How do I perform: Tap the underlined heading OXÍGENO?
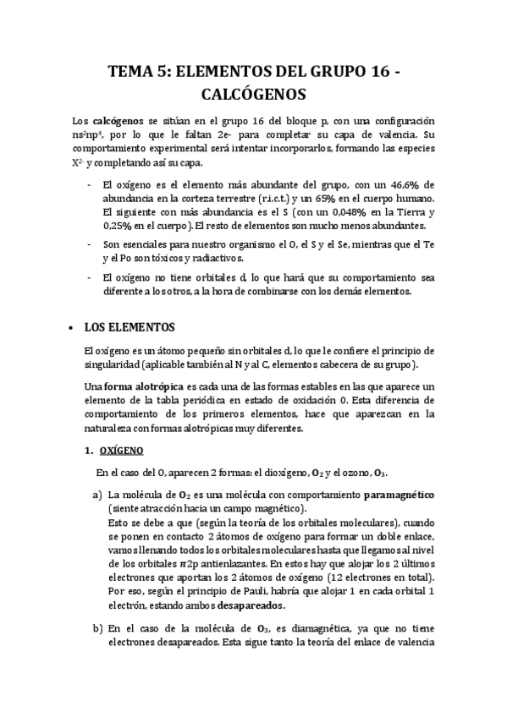point(122,451)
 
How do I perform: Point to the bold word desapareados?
point(249,606)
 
